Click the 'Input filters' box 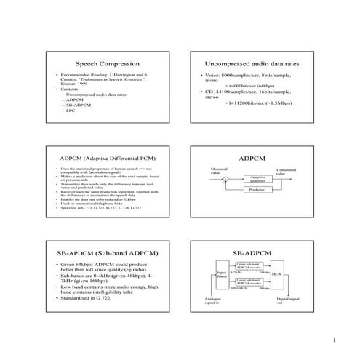[222, 276]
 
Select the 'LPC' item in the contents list [70, 111]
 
